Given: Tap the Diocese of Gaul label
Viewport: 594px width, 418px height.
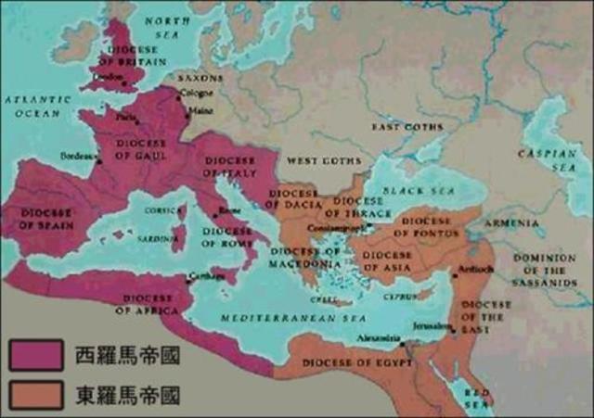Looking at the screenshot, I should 142,149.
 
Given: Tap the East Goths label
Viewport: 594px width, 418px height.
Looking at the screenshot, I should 407,126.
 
